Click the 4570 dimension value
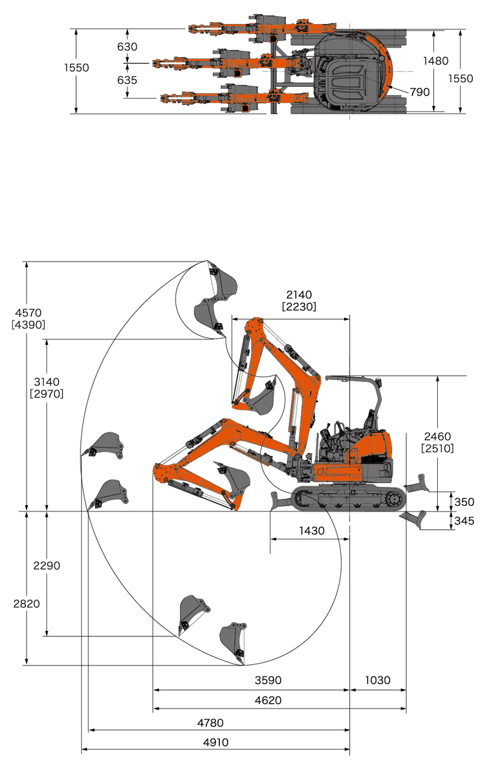29,313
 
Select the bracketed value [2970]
47,394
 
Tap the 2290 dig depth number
47,566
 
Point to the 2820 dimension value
27,604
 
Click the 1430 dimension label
312,531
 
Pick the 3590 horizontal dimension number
268,680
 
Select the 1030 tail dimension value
378,680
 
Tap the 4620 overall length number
268,700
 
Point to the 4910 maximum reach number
215,742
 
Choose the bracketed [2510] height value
438,448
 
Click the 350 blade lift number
464,502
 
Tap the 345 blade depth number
464,521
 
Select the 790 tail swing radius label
419,92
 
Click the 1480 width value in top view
436,61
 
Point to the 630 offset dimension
127,47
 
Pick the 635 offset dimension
127,80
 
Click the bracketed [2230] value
299,306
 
